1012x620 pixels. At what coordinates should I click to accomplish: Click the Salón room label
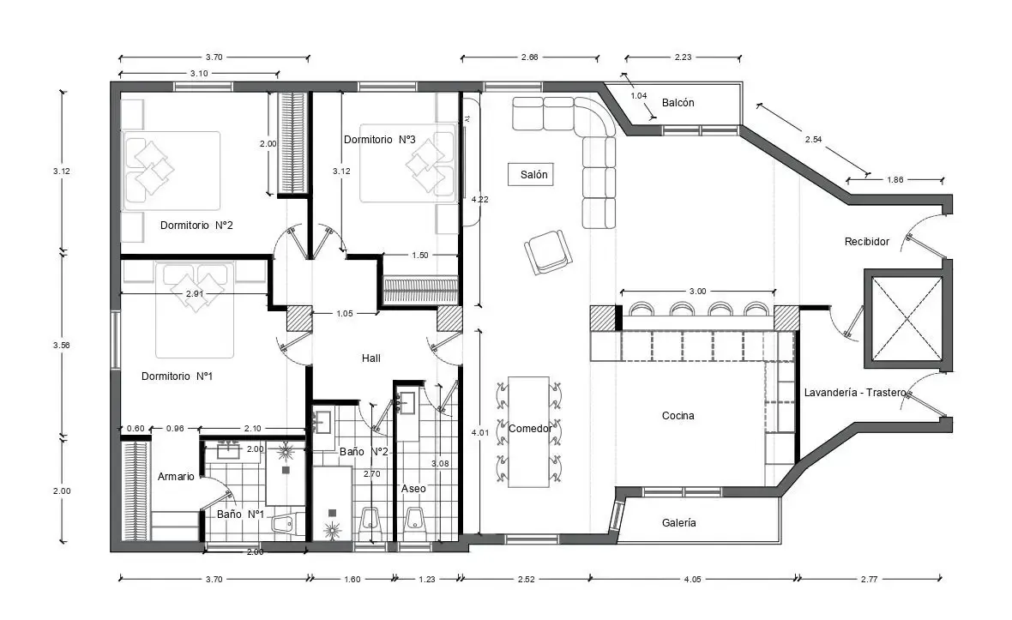[533, 175]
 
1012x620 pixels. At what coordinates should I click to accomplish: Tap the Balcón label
[678, 103]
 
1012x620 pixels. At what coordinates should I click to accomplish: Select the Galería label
[679, 522]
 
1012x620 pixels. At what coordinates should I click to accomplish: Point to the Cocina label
[678, 416]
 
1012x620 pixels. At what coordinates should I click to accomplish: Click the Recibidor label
[866, 242]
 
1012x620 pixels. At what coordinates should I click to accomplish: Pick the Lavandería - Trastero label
[855, 393]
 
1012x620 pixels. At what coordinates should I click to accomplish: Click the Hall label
[370, 358]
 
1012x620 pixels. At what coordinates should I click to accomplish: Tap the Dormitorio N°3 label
[379, 139]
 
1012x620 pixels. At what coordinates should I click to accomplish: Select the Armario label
[176, 476]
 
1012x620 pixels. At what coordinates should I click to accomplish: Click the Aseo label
[413, 488]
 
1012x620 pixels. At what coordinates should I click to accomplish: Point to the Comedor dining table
[528, 431]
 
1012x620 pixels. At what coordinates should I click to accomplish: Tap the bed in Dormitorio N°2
[172, 170]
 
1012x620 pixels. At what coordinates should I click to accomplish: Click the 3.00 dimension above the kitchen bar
[697, 292]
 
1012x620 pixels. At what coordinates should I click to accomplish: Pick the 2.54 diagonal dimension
[813, 139]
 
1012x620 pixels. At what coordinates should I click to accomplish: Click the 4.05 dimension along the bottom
[690, 579]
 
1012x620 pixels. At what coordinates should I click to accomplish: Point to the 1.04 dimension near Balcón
[638, 96]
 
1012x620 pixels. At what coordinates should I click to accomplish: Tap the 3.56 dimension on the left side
[61, 345]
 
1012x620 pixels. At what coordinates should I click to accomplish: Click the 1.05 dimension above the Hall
[344, 314]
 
